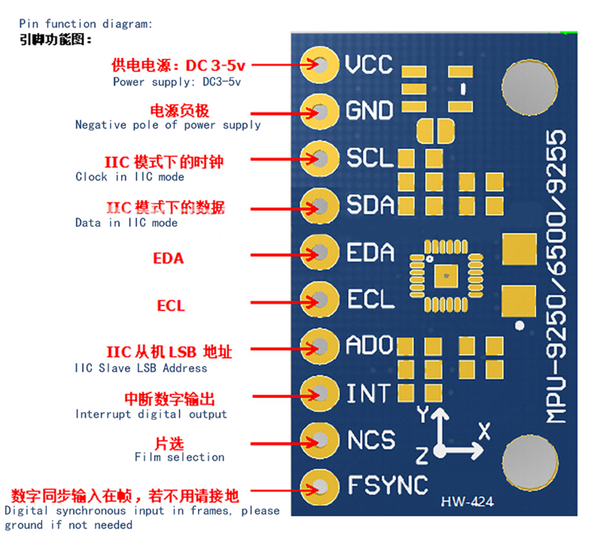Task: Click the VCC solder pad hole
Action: (321, 65)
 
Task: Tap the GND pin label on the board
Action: (369, 111)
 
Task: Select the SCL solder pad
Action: (319, 158)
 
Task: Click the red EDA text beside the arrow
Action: (169, 258)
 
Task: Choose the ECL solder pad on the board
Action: (319, 300)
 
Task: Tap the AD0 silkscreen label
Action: (369, 345)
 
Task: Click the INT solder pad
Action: (319, 393)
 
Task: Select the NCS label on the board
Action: (371, 440)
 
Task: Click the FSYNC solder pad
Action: (319, 487)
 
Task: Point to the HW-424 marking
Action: (467, 502)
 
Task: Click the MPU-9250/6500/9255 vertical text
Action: (556, 276)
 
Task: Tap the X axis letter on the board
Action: (484, 431)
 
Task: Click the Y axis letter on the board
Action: (423, 414)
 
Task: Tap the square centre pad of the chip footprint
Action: (446, 276)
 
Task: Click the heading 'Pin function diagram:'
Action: (86, 24)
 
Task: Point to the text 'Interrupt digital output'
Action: (151, 414)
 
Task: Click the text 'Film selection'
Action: (180, 457)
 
